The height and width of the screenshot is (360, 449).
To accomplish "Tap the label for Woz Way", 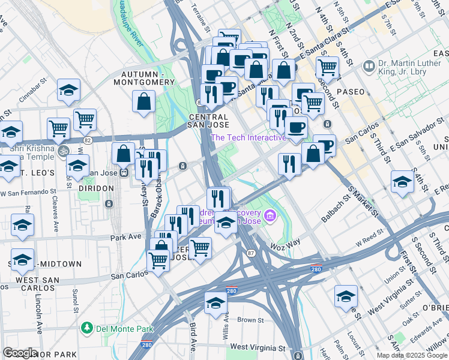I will (285, 243).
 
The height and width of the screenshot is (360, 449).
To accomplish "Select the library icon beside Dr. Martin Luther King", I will (368, 65).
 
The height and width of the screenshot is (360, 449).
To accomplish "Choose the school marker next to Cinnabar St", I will (69, 91).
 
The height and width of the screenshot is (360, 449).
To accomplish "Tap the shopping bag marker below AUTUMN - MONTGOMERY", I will (144, 103).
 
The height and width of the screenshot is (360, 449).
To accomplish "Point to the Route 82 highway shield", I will (88, 140).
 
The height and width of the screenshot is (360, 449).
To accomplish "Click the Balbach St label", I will (336, 208).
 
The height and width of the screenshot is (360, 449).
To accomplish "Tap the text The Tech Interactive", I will (248, 137).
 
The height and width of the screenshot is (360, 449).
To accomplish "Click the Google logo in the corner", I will (20, 352).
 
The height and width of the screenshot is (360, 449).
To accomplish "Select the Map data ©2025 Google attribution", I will (412, 355).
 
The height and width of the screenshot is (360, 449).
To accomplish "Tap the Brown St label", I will (247, 320).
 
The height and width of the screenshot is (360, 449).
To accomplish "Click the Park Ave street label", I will (125, 238).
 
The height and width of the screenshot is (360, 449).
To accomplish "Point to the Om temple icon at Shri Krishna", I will (65, 151).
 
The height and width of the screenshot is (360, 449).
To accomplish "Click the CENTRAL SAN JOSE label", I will (209, 121).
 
